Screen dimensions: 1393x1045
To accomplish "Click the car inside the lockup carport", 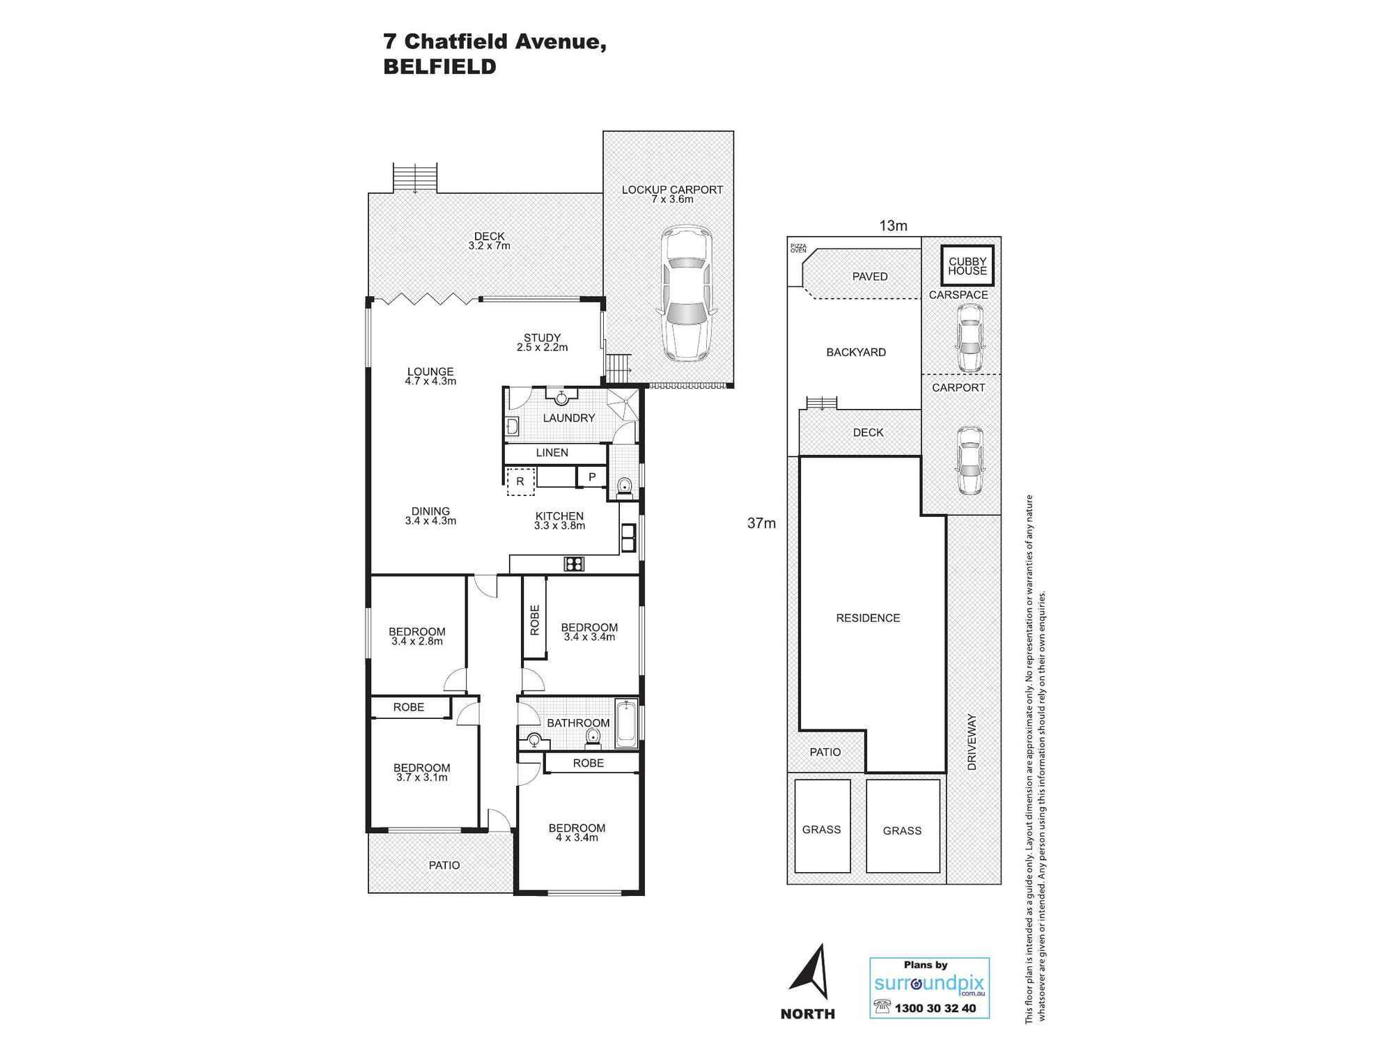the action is coord(687,293).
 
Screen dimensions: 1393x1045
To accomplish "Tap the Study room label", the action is coord(542,338).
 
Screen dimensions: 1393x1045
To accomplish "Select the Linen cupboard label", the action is coord(552,453).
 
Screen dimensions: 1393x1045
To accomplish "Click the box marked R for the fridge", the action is coord(520,481).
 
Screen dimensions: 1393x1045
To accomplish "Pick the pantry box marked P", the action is coord(592,477).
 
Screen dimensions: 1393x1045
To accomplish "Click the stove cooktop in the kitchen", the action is coord(574,564).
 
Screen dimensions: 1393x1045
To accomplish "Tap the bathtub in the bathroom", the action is coord(627,725).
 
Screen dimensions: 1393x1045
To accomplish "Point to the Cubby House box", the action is coord(967,265).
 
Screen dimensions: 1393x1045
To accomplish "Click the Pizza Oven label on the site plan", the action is coord(797,248).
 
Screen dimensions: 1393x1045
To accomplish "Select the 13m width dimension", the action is coord(893,226).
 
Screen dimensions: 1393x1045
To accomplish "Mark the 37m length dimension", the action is coord(761,523).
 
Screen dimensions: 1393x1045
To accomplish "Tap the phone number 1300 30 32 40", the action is coord(935,1008).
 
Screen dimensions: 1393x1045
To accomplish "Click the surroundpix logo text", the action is coord(929,984).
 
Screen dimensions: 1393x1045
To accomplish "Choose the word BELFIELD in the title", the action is coord(439,67).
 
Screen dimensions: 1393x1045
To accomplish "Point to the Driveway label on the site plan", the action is coord(972,742).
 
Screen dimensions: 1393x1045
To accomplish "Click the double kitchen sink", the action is coord(628,538).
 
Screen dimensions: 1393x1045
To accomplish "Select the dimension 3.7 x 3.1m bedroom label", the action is coord(422,777).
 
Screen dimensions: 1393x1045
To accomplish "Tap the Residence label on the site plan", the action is coord(868,618).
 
